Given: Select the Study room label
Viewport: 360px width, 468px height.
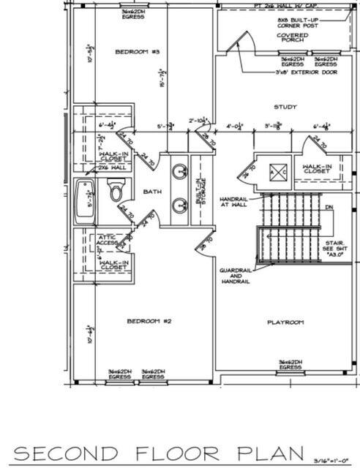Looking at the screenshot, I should point(285,107).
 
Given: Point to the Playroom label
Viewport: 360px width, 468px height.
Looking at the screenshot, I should point(285,322).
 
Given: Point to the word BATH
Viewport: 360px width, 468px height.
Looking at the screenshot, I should point(152,192).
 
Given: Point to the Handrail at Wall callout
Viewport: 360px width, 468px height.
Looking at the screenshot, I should point(233,203).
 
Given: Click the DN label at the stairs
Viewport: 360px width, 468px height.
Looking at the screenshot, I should point(329,207).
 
